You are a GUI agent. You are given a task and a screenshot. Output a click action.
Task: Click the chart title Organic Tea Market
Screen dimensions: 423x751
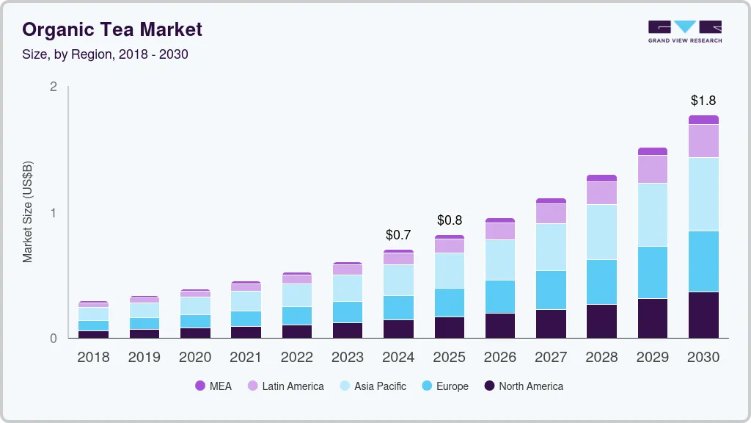(112, 29)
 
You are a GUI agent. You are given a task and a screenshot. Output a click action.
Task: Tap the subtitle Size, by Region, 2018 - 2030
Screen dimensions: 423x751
(106, 54)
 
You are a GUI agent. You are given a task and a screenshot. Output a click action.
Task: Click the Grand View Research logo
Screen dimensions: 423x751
(684, 31)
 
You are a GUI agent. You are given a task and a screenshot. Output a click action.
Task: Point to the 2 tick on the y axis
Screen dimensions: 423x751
(53, 87)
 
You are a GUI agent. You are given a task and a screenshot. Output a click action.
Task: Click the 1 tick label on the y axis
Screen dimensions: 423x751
(53, 213)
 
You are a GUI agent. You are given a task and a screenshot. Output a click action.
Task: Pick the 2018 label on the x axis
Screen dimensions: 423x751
(93, 357)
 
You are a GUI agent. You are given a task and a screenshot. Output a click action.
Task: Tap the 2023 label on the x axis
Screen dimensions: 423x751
(348, 357)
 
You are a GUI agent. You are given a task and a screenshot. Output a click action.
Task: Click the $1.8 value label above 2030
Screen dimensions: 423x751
(703, 101)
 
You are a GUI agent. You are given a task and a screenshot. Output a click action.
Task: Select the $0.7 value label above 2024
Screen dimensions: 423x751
(398, 235)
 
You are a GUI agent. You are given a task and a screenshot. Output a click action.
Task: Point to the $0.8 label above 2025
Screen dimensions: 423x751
(450, 220)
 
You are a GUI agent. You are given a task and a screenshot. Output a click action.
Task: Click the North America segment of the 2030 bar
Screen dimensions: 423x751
(703, 315)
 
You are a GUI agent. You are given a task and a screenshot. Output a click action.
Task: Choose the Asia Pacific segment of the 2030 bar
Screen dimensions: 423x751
(703, 194)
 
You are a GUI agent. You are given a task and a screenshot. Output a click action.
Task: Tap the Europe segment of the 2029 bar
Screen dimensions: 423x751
(653, 272)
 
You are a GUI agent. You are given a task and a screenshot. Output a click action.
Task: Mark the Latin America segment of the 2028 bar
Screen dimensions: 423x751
(601, 192)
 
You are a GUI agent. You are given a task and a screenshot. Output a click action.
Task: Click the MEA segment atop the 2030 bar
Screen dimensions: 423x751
(703, 120)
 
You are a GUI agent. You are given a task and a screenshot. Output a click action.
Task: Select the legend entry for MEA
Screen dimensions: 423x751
(213, 386)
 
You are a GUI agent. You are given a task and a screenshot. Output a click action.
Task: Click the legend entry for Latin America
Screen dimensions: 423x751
(285, 386)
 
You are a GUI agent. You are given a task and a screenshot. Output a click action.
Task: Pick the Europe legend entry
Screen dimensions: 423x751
(444, 386)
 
